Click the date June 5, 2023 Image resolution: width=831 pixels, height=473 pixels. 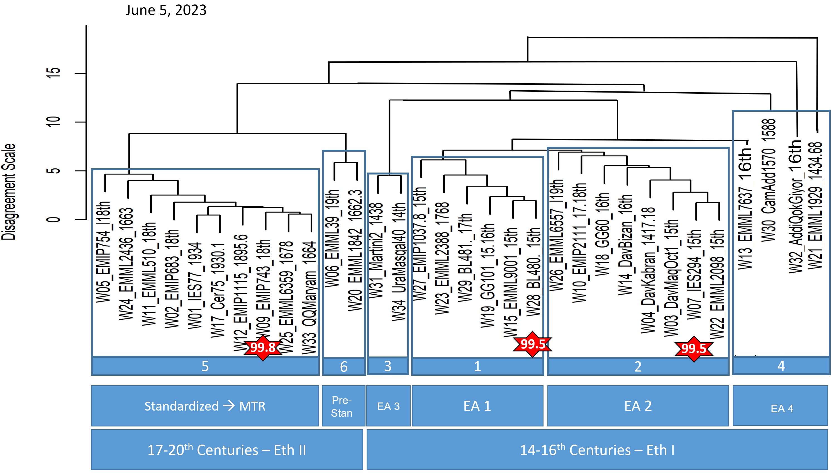pos(166,10)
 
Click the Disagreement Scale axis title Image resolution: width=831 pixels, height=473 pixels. pos(9,192)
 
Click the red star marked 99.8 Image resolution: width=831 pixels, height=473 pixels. pos(263,347)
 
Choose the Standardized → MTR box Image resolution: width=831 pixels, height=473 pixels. pos(205,406)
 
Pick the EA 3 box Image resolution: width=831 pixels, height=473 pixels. pos(388,406)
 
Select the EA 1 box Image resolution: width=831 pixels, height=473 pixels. pos(477,406)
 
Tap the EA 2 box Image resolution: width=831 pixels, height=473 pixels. pos(638,406)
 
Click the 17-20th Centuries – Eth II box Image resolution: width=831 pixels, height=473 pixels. pos(226,450)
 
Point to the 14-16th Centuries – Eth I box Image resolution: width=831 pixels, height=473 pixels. pos(597,450)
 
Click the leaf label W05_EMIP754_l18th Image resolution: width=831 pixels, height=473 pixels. pos(104,252)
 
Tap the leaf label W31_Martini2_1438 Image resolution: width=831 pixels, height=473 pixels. pos(377,250)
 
